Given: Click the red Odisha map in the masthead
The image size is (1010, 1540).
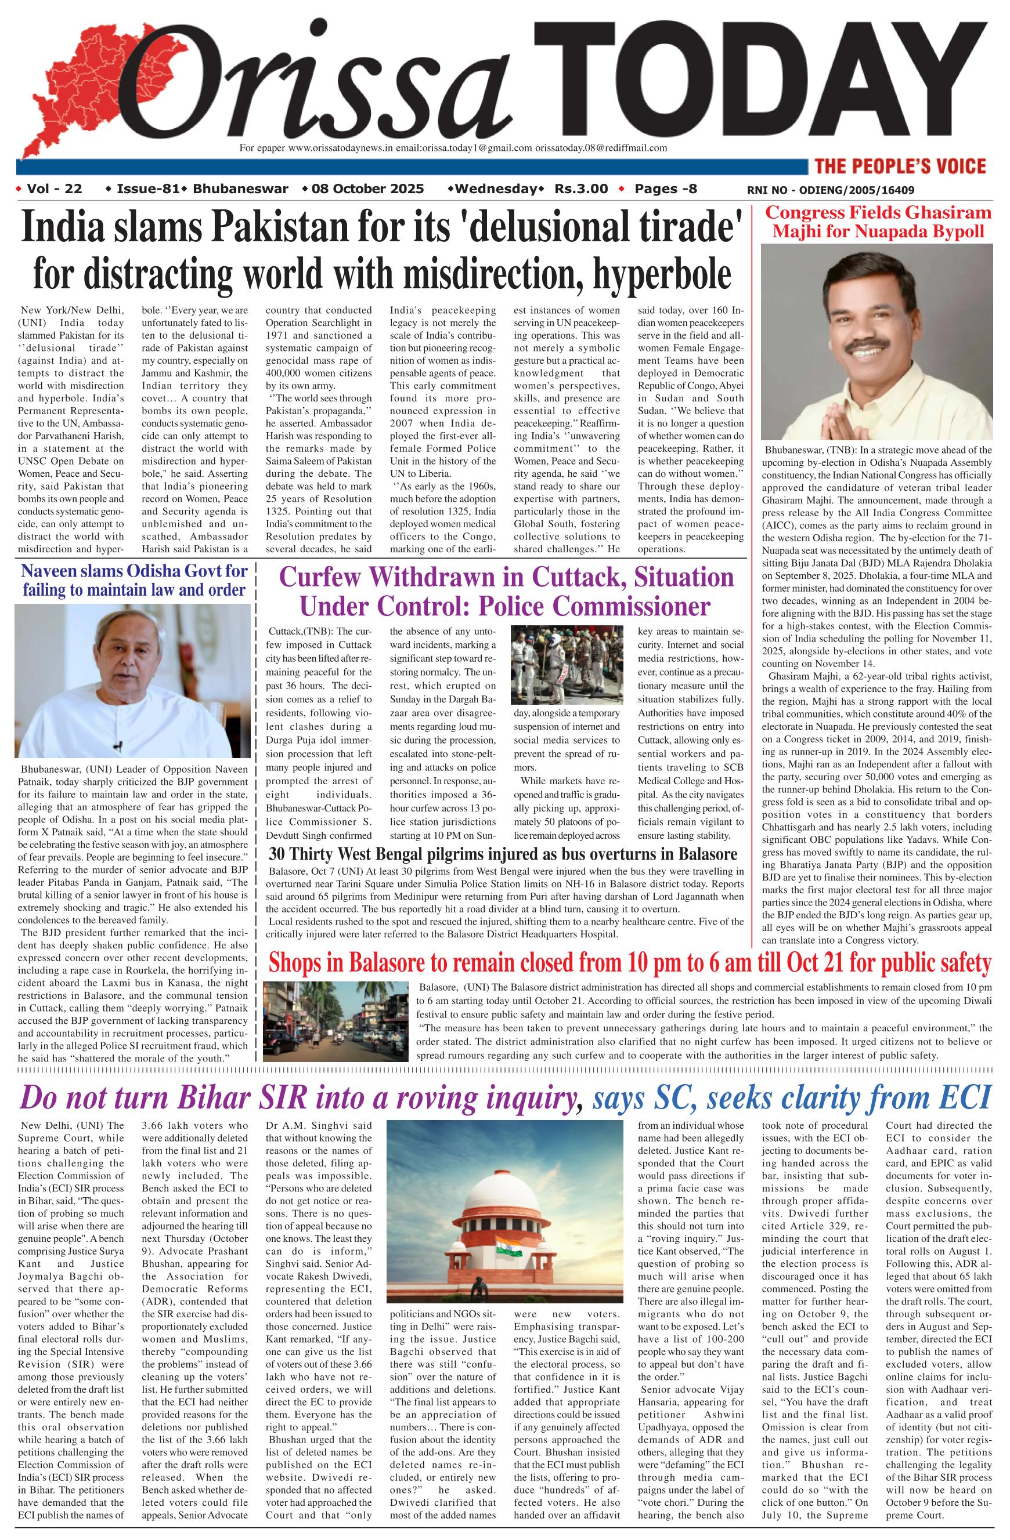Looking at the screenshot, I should (x=71, y=90).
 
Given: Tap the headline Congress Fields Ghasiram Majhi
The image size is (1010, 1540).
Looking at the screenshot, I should (x=878, y=222).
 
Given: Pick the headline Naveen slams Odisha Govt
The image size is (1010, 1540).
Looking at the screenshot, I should (x=134, y=580).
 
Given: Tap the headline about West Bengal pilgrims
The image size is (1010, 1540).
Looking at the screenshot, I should (x=503, y=852).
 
